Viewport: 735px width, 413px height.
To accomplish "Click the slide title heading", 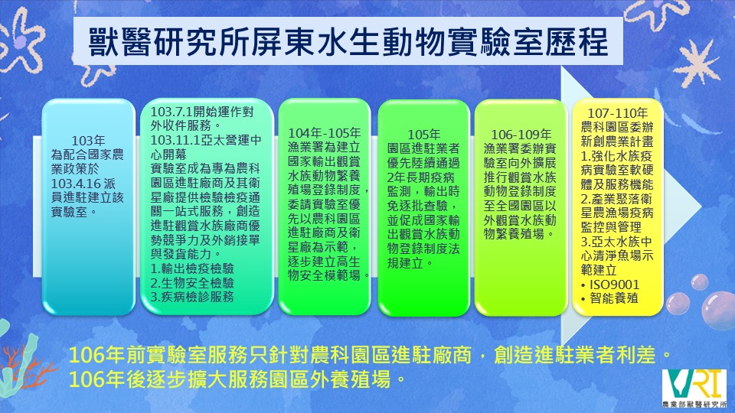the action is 348,42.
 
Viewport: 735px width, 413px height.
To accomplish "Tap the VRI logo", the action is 695,387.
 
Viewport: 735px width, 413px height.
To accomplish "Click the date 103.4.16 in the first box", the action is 77,184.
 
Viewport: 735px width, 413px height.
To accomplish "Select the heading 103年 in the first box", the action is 88,141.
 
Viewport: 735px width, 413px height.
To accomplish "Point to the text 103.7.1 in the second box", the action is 171,112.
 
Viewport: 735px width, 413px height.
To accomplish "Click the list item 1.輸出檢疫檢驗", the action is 192,268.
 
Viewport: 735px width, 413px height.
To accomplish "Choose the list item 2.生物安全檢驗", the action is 192,283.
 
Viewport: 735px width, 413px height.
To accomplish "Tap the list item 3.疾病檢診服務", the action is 192,297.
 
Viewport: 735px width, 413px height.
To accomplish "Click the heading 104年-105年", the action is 325,133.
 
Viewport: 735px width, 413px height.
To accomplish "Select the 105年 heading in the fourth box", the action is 423,135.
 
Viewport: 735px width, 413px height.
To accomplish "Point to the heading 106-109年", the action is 521,135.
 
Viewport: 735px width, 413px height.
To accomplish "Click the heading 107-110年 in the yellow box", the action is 617,113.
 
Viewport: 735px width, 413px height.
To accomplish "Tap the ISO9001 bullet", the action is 610,285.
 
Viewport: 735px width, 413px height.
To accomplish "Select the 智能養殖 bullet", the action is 609,298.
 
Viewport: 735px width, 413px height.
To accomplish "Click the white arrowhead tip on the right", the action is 701,205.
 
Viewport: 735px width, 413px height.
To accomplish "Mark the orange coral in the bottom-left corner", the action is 21,366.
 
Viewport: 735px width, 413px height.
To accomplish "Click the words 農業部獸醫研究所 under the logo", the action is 694,404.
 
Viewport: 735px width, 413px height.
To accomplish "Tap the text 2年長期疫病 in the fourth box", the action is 420,177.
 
